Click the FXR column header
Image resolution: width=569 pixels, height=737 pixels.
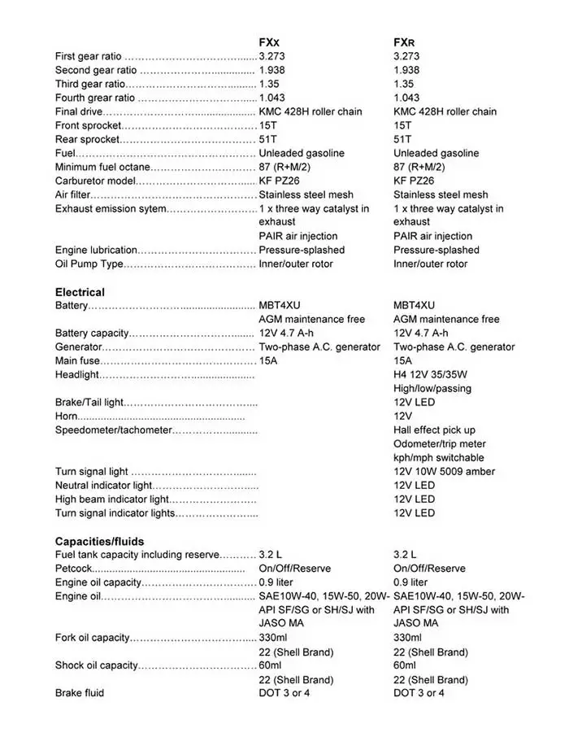tap(405, 42)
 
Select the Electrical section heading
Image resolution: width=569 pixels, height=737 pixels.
tap(80, 292)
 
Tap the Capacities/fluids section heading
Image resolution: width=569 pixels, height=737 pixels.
tap(99, 541)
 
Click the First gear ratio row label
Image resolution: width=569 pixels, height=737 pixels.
tap(88, 56)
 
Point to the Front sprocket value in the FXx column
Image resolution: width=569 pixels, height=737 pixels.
tap(267, 125)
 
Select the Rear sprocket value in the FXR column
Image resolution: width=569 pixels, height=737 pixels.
tap(402, 139)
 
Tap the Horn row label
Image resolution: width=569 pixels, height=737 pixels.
tap(66, 416)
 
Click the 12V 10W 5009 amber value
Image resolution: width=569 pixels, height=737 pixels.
tap(444, 471)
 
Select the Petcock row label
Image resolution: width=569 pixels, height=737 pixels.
tap(75, 569)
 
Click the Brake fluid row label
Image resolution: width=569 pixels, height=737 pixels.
tap(80, 693)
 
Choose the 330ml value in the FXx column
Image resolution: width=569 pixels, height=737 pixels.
tap(273, 638)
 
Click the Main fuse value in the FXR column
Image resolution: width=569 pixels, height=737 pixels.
tap(402, 360)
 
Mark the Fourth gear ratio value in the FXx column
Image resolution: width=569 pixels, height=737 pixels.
tap(271, 98)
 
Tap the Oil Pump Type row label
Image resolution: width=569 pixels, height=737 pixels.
tap(89, 264)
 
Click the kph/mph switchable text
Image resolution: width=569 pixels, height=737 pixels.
tap(438, 457)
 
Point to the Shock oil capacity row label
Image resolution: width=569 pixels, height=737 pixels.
tap(97, 665)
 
